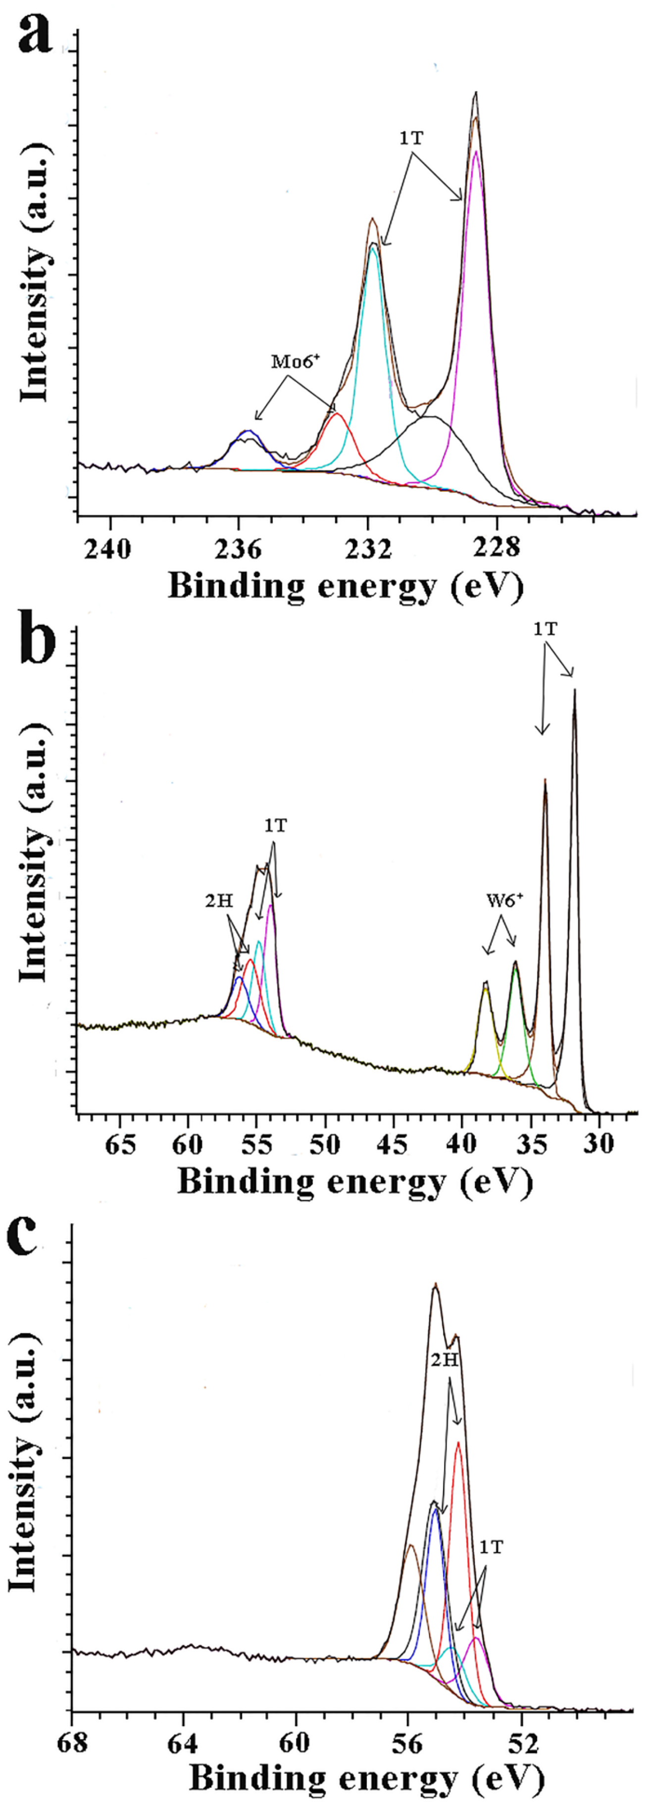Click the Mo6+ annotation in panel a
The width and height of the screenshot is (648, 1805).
click(x=296, y=362)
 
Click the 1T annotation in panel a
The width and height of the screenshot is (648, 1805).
click(x=411, y=138)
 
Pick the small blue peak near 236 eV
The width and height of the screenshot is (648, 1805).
click(x=248, y=432)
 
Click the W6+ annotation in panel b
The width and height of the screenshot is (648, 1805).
click(x=505, y=901)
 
